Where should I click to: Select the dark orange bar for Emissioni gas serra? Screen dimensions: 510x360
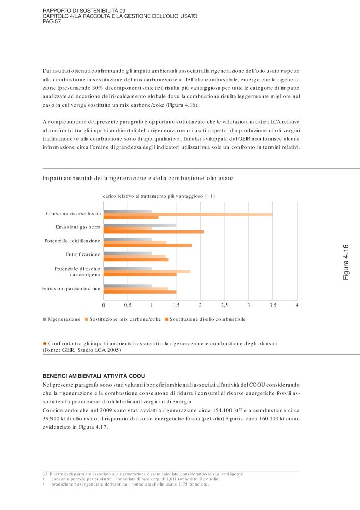pyautogui.click(x=153, y=232)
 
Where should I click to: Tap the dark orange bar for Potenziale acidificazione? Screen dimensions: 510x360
pyautogui.click(x=147, y=245)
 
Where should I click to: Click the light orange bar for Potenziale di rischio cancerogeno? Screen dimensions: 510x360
pyautogui.click(x=147, y=271)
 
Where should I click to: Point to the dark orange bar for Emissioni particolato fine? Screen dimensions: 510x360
pyautogui.click(x=140, y=292)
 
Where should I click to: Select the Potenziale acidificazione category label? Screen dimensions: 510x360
pyautogui.click(x=73, y=240)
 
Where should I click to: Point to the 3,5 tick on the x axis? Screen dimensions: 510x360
pyautogui.click(x=273, y=305)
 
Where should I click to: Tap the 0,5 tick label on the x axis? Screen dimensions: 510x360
pyautogui.click(x=127, y=305)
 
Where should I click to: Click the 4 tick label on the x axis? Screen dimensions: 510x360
pyautogui.click(x=297, y=305)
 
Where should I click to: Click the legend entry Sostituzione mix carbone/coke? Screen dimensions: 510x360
pyautogui.click(x=125, y=319)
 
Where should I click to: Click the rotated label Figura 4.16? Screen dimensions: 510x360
pyautogui.click(x=345, y=262)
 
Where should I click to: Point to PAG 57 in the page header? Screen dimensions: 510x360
pyautogui.click(x=52, y=22)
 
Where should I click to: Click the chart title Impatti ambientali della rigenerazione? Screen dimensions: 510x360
pyautogui.click(x=138, y=179)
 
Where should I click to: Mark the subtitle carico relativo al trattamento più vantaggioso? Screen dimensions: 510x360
pyautogui.click(x=159, y=196)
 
